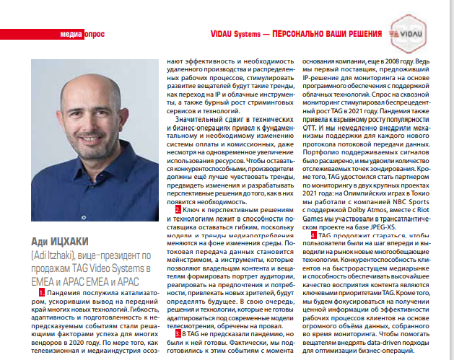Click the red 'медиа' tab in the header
[70, 34]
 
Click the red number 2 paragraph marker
[179, 209]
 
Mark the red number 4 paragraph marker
[313, 235]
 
